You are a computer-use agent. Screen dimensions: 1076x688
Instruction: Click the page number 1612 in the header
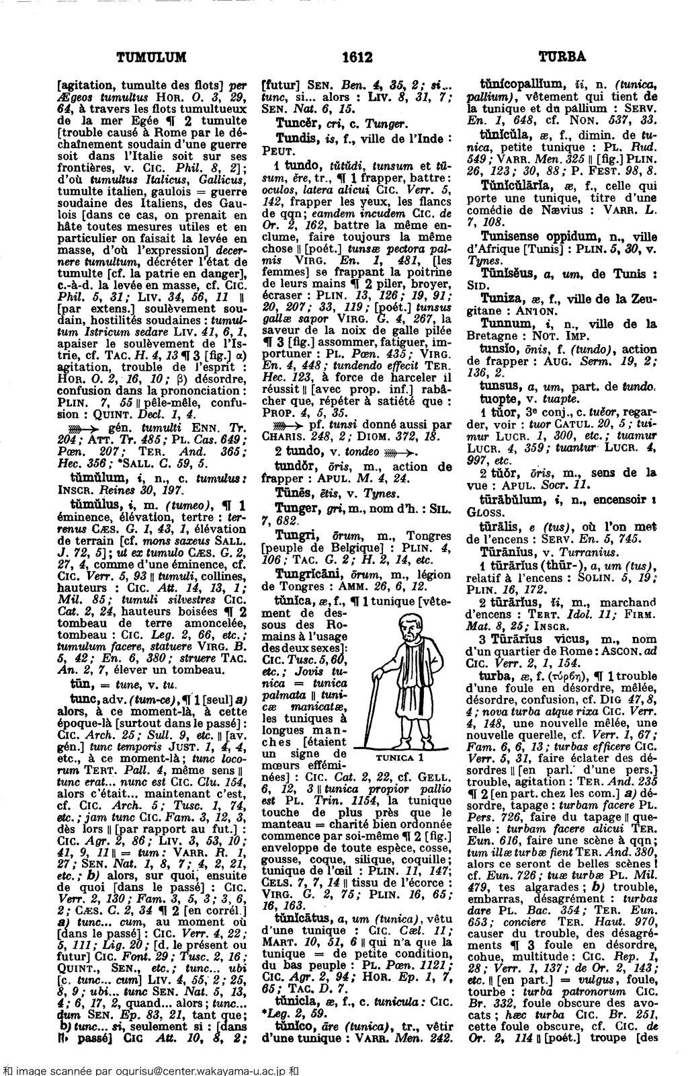344,58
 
